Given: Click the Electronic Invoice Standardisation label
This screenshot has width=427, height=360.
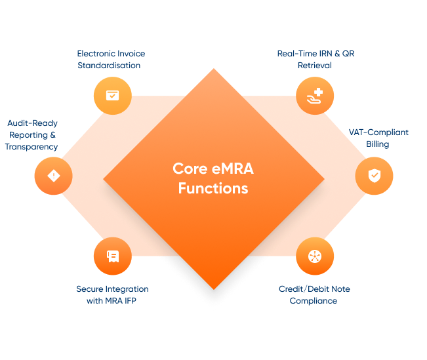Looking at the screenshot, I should coord(111,59).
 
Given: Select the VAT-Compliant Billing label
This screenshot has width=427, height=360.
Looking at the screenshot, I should coord(378,138).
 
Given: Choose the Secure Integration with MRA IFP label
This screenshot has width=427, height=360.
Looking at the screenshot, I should coord(112,294).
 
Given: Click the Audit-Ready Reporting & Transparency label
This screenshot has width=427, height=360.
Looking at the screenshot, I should coord(31,135).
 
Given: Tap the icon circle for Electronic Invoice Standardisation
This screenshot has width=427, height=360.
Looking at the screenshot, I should coord(112,96).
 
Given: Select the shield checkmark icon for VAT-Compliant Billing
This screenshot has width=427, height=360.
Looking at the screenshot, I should coord(374,176).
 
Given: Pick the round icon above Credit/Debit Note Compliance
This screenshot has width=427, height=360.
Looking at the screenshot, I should coord(315,256).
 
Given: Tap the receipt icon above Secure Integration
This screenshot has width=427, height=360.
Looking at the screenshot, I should coord(112,256).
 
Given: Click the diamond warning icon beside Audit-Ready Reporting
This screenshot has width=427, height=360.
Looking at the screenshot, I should coord(53,176).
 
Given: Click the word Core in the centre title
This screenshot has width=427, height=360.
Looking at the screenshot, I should coord(188,169).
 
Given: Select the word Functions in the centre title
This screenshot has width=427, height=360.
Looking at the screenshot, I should coord(213,188).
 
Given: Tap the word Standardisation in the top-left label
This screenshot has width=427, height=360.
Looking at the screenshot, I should coord(111,65).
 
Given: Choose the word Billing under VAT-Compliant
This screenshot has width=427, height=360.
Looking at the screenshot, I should coord(378,144).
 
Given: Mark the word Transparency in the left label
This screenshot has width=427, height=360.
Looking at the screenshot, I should coord(31,147).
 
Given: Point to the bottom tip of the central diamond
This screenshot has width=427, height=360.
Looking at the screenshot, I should coord(214,288).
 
